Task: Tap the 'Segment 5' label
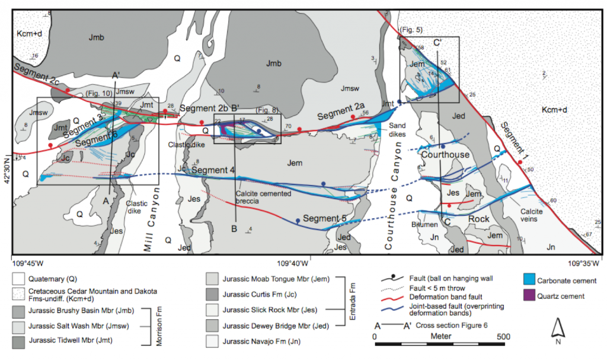[x=325, y=218]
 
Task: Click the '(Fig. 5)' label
[x=410, y=28]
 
